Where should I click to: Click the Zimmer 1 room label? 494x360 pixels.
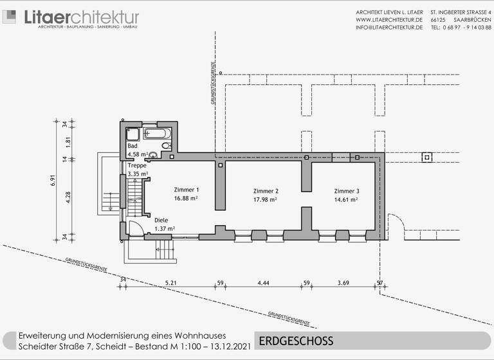point(187,190)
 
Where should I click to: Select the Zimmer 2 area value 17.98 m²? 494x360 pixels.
point(265,200)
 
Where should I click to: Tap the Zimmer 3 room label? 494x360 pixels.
point(346,191)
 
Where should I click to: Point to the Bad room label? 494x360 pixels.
point(133,147)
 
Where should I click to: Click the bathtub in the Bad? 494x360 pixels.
point(157,134)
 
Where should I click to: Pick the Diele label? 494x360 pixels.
point(161,221)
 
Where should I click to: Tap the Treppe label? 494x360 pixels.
point(137,165)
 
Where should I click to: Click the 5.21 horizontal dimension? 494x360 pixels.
point(170,283)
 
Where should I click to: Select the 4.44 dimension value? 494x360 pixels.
point(263,283)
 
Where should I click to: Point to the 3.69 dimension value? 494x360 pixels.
point(343,283)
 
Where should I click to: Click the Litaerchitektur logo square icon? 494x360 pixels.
point(10,16)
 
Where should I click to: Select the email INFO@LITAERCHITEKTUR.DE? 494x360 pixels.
point(389,28)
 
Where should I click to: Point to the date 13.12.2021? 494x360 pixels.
point(228,347)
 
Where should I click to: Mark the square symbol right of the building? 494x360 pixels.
point(426,157)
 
